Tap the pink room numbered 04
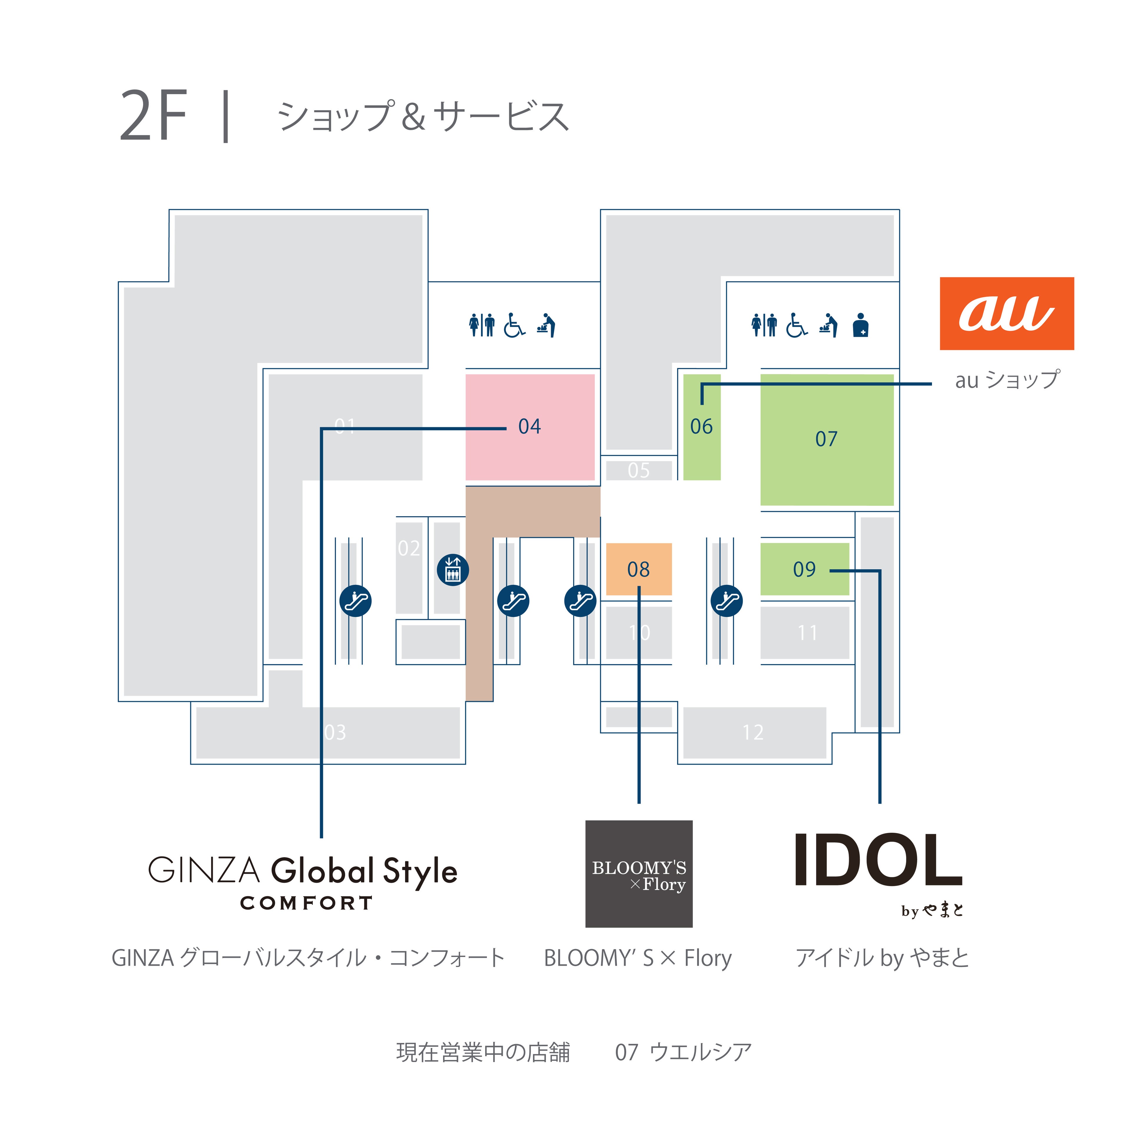click(530, 427)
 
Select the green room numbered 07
click(827, 439)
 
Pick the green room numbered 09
click(804, 569)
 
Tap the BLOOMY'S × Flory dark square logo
click(639, 873)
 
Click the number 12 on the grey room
click(753, 732)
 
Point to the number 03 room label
click(335, 732)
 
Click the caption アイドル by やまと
click(882, 958)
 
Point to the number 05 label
click(639, 470)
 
